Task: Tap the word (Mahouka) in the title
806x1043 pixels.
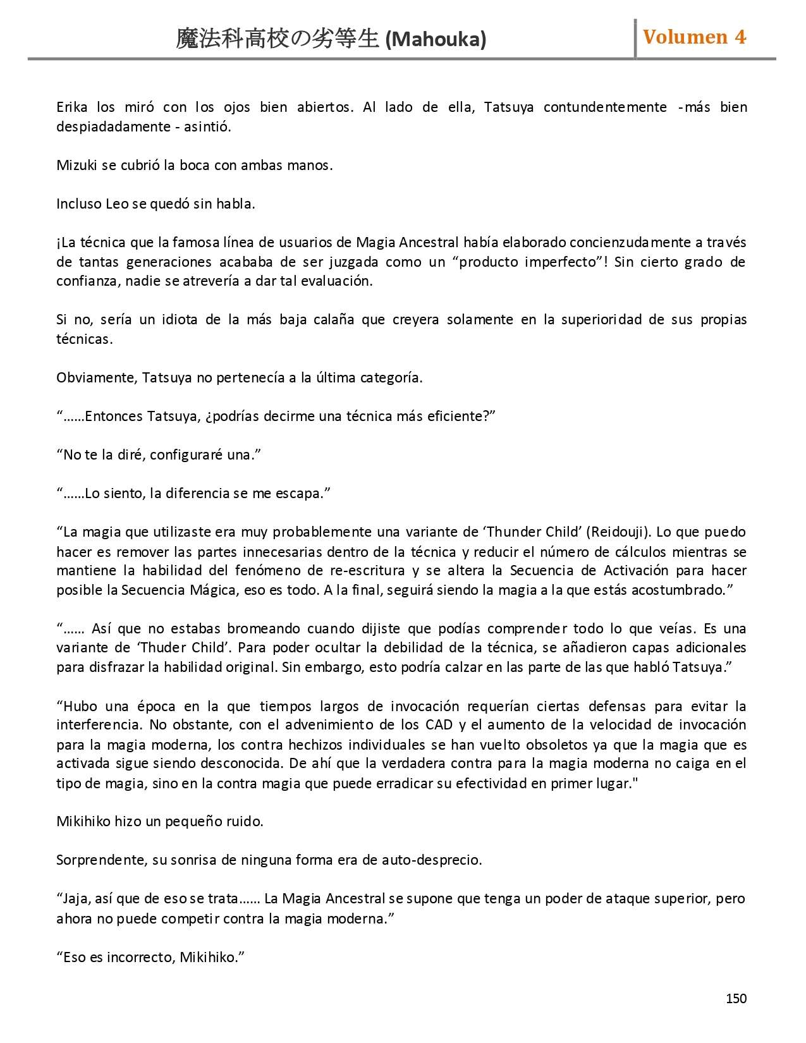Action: click(x=436, y=40)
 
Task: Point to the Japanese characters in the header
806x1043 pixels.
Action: click(x=278, y=39)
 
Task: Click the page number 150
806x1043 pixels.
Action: click(x=736, y=999)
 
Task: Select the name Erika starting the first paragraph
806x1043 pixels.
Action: click(x=71, y=107)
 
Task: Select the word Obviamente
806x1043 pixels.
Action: click(x=96, y=378)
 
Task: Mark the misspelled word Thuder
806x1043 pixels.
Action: click(x=162, y=648)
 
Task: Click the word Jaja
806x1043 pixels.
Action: click(x=76, y=899)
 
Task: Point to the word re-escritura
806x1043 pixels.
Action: click(x=367, y=571)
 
